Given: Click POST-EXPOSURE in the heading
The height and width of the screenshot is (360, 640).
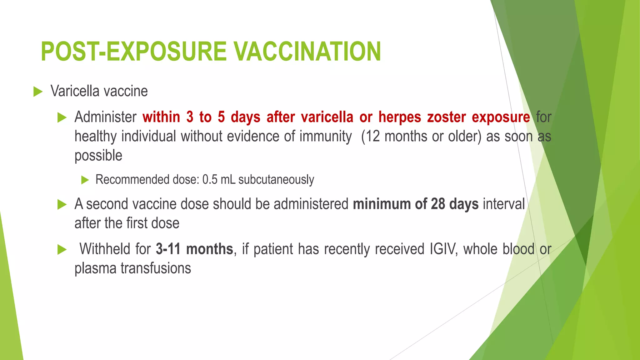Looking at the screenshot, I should tap(133, 52).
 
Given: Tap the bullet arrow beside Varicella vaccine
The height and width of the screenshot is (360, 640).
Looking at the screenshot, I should tap(38, 92).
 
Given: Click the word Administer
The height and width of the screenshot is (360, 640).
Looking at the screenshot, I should tap(105, 117).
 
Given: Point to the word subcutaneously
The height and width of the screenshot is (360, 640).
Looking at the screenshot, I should tap(276, 180).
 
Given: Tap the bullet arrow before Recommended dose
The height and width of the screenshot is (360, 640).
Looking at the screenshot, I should tap(85, 180).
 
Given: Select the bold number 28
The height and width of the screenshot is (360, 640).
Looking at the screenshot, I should tap(438, 204).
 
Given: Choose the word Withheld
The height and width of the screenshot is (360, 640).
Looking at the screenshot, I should tap(105, 249).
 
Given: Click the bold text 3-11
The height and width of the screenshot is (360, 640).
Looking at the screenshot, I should tap(168, 249).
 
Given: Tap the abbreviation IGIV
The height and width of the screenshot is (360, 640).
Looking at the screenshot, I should tap(443, 249).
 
